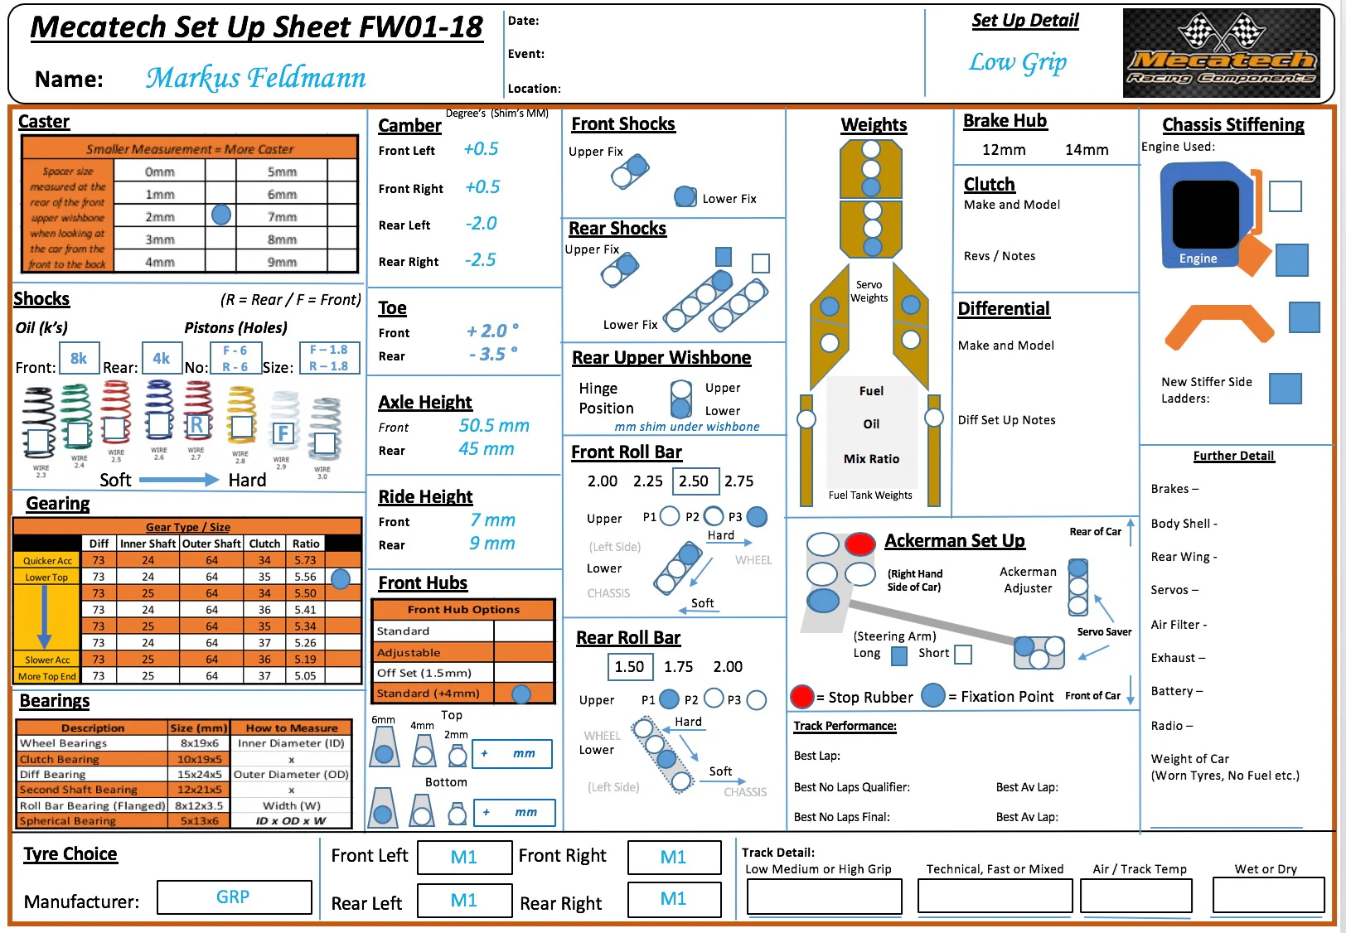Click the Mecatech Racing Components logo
(1221, 53)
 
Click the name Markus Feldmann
(255, 78)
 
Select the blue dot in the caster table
(221, 215)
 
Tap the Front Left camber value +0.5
(481, 149)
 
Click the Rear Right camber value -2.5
(480, 260)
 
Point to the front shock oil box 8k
(79, 358)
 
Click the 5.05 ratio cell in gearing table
(305, 676)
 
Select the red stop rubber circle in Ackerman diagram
(860, 544)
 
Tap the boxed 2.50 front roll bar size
(694, 481)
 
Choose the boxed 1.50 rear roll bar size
(629, 666)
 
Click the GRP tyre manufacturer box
(234, 897)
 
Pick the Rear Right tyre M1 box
(673, 899)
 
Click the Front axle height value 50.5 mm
(494, 426)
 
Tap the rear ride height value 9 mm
(491, 544)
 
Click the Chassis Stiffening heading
(1232, 125)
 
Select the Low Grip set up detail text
(1018, 63)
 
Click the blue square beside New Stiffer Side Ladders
(1285, 389)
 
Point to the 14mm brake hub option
(1087, 150)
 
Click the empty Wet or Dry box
(1268, 896)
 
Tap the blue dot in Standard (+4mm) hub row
(521, 694)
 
